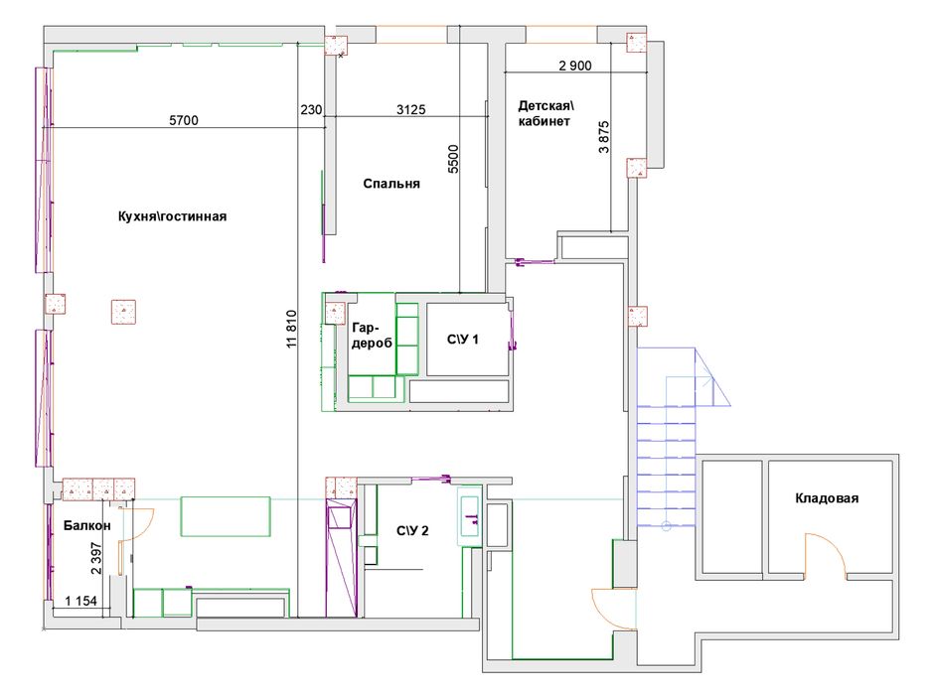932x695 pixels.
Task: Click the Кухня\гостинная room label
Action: click(x=172, y=216)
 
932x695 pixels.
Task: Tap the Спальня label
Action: click(x=391, y=184)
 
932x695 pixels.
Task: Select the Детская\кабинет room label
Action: click(x=545, y=113)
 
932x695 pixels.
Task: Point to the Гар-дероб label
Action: click(x=372, y=336)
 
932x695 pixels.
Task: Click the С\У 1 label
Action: click(x=462, y=340)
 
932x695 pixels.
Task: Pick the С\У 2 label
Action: click(x=412, y=530)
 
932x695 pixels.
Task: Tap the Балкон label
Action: click(x=86, y=525)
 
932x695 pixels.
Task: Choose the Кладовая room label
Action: click(x=827, y=498)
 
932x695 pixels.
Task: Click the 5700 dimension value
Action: click(x=184, y=120)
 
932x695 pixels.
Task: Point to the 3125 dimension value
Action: click(x=410, y=110)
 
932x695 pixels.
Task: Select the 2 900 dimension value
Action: click(x=574, y=66)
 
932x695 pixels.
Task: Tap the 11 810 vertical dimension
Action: click(x=291, y=329)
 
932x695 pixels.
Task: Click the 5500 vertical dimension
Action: click(x=453, y=159)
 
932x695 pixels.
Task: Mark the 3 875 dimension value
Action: click(x=604, y=137)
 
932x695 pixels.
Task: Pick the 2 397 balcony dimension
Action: click(x=95, y=558)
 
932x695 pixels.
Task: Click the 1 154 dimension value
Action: click(x=80, y=601)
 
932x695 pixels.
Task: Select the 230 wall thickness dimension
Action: click(x=311, y=110)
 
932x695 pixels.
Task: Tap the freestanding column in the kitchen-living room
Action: click(x=123, y=312)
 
